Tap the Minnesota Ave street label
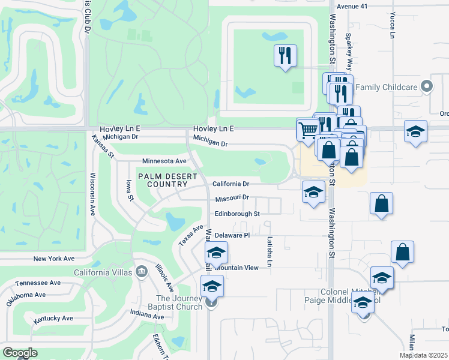click(164, 161)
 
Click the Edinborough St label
click(237, 214)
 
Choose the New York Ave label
click(53, 259)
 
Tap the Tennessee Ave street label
click(38, 283)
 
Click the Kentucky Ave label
click(53, 318)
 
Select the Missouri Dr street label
click(232, 197)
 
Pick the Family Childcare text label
click(386, 87)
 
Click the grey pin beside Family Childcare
click(427, 86)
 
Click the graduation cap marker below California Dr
click(312, 193)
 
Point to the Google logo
click(20, 353)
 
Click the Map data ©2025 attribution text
click(424, 355)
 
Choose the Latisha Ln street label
click(270, 252)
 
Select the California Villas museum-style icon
click(142, 272)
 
